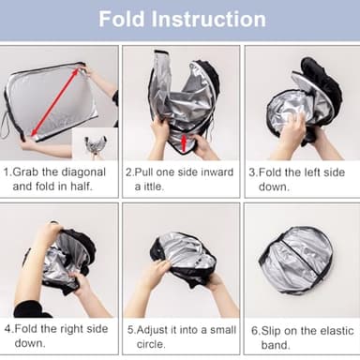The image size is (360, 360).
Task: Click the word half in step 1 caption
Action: click(96, 187)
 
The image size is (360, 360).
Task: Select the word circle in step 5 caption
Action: click(156, 343)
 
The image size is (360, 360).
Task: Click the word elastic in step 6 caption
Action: click(333, 329)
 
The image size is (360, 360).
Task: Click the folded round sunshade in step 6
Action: click(296, 260)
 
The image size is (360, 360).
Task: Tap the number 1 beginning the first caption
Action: click(7, 172)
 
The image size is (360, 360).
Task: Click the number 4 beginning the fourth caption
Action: click(7, 329)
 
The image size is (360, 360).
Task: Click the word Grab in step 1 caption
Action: click(27, 172)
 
